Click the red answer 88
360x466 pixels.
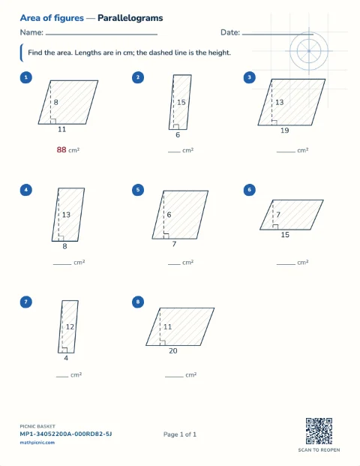click(61, 149)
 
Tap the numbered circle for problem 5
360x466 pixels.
click(138, 190)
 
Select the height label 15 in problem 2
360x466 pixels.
click(181, 102)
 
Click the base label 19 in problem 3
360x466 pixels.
click(284, 131)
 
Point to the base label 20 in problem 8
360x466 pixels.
click(172, 350)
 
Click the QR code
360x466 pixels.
click(319, 431)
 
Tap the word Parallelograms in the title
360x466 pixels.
click(130, 18)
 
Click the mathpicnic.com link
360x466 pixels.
click(37, 443)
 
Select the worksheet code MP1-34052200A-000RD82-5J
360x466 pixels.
click(66, 434)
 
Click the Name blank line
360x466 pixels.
click(101, 35)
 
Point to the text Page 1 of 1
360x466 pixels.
click(180, 434)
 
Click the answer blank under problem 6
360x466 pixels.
click(286, 264)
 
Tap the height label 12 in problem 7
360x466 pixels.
click(70, 327)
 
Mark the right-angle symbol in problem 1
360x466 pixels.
click(53, 121)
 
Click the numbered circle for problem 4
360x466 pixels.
click(26, 190)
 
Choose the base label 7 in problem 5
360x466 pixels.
click(174, 244)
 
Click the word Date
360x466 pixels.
click(229, 32)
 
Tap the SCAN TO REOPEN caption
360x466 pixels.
click(319, 450)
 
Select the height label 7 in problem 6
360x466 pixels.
click(278, 215)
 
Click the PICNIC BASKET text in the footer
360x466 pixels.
click(37, 426)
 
